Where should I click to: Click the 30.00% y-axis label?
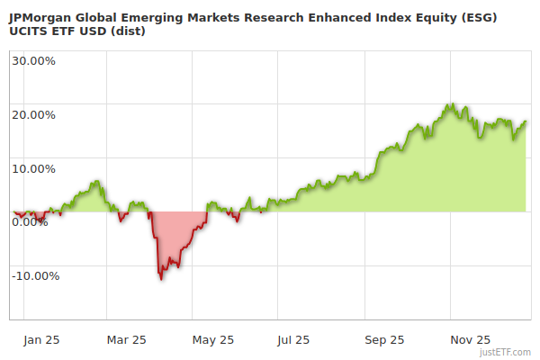coord(33,61)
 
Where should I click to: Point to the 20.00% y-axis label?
coord(33,114)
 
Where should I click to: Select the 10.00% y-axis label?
coord(33,168)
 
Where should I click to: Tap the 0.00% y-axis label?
coord(30,221)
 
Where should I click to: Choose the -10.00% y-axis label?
coord(35,275)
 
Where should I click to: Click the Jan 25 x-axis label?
coord(41,340)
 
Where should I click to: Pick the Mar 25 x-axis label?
coord(126,340)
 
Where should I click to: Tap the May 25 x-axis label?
coord(213,340)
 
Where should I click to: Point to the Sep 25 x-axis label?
coord(383,340)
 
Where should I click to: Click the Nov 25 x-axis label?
coord(470,340)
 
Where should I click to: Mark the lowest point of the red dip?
coord(161,279)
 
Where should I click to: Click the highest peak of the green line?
coord(452,104)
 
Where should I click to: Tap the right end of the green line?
coord(526,121)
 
